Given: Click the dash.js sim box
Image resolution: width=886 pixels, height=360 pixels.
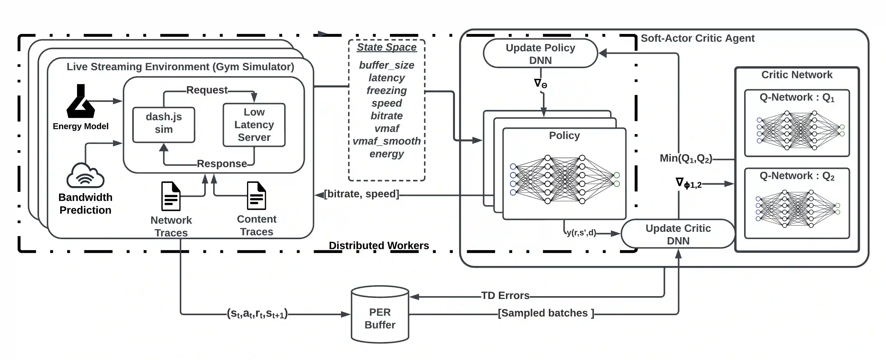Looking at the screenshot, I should pos(164,124).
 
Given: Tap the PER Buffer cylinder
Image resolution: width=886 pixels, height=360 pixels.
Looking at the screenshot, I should pos(380,315).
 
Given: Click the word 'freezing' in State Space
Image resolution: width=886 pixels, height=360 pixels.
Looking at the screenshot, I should pos(387,90).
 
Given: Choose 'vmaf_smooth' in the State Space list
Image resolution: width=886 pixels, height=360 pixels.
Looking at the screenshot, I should pos(387,141).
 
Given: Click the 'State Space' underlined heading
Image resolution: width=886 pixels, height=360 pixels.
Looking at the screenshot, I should pos(387,47).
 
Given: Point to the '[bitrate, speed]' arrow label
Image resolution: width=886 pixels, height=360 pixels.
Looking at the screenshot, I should pos(361,194).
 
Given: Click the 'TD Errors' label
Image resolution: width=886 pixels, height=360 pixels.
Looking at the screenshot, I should pos(505,296).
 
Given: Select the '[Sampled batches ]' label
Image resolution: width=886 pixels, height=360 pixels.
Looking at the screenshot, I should pos(546,313).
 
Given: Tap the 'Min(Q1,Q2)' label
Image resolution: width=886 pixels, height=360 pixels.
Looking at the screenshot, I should pos(686,159).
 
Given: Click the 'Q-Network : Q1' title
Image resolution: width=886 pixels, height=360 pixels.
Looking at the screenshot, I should pos(797,98).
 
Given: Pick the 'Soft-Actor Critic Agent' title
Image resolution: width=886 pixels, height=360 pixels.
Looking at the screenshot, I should pos(697,38).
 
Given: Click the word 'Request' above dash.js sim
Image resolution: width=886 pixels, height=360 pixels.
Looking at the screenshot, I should pos(207,90).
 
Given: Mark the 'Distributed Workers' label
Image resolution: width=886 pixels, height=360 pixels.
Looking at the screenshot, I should pos(379,245).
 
